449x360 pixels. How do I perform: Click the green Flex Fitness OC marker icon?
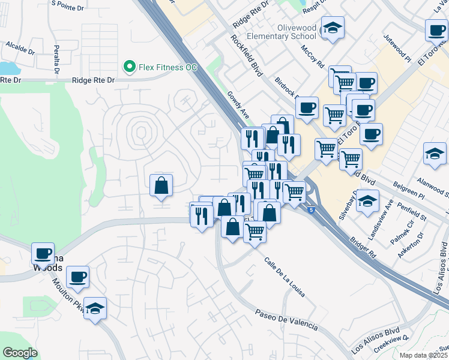tap(128, 67)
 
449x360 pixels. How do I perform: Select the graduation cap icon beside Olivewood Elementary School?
tap(333, 28)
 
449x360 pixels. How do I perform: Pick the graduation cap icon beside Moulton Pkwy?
tap(95, 308)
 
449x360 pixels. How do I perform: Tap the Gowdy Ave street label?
tap(238, 104)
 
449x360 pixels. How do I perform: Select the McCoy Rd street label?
tap(313, 56)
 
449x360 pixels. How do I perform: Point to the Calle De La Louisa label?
tap(285, 277)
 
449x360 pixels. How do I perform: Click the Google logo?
tap(19, 353)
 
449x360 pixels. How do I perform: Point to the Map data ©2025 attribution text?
tap(423, 355)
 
